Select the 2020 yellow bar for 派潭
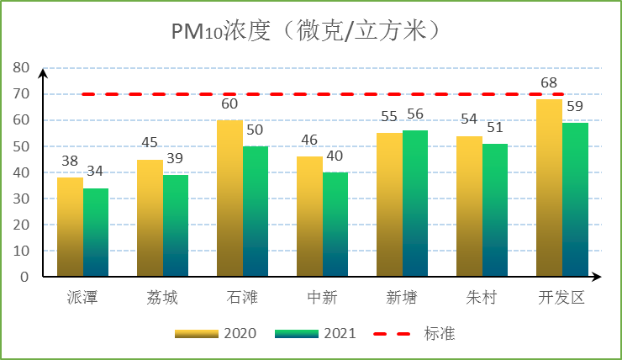coord(70,227)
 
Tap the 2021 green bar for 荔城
coord(176,225)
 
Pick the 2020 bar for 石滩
coord(229,199)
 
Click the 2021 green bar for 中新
coord(335,225)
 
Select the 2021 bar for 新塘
coord(415,204)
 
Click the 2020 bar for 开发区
coord(549,188)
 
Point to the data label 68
coord(549,83)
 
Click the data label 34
coord(96,172)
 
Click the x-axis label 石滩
coord(242,299)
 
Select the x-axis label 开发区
coord(561,299)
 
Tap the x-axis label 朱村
coord(482,299)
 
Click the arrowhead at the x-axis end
coord(598,277)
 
